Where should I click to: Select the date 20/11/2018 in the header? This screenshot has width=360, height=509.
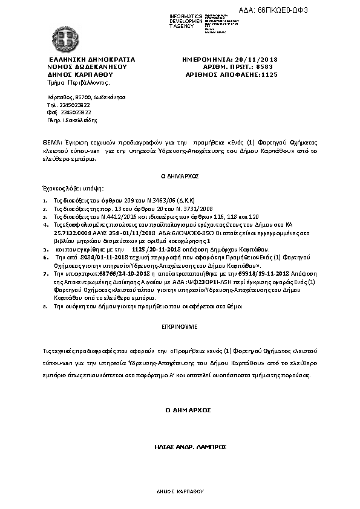(x=257, y=59)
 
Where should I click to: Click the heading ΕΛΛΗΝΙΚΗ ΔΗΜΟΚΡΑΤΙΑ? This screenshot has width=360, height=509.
(x=91, y=59)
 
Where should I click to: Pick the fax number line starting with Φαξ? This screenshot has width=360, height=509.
(x=61, y=112)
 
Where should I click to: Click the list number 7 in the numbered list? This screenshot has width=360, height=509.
(x=45, y=274)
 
